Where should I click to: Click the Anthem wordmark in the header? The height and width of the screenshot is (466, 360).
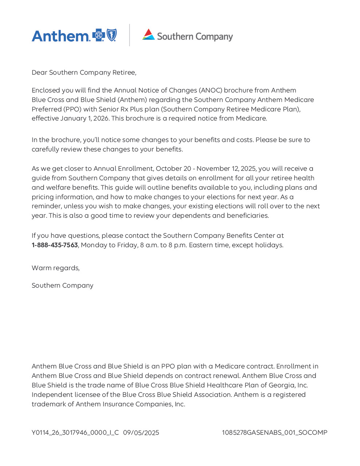pyautogui.click(x=60, y=36)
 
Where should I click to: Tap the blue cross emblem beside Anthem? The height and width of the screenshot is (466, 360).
pyautogui.click(x=98, y=35)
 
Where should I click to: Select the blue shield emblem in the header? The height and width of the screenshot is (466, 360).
pyautogui.click(x=111, y=35)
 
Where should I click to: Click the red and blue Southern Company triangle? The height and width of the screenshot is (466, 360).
pyautogui.click(x=149, y=34)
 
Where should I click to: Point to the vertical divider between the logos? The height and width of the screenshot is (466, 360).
pyautogui.click(x=130, y=35)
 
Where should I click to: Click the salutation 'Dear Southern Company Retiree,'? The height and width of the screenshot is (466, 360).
pyautogui.click(x=84, y=72)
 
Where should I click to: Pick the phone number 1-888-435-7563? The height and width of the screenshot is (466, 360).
pyautogui.click(x=55, y=245)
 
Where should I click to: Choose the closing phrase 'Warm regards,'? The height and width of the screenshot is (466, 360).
pyautogui.click(x=56, y=268)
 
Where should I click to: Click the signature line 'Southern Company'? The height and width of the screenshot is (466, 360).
pyautogui.click(x=63, y=285)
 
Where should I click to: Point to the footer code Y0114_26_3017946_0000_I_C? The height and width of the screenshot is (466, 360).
pyautogui.click(x=75, y=433)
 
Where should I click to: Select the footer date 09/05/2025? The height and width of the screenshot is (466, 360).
pyautogui.click(x=141, y=433)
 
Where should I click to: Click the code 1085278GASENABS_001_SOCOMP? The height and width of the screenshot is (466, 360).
pyautogui.click(x=274, y=433)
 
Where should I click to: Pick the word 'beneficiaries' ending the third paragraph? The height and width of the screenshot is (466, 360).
pyautogui.click(x=248, y=216)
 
